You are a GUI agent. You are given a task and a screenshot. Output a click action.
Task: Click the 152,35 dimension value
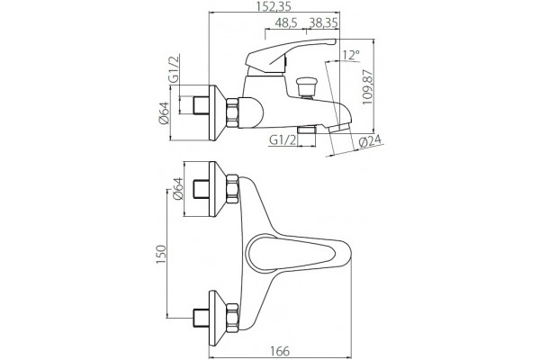tap(274, 6)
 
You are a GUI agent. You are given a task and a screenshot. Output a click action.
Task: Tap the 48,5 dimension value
tap(286, 23)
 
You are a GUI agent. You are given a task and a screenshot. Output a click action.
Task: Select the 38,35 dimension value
tap(323, 23)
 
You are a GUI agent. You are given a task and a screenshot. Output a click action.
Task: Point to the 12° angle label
tap(351, 55)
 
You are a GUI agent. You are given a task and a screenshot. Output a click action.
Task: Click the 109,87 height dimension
tap(367, 88)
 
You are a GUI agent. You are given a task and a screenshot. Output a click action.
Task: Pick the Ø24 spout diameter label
tap(370, 141)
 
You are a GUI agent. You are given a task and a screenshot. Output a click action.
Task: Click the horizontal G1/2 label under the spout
tap(283, 140)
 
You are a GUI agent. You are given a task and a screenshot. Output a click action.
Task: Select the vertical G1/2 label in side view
tap(174, 70)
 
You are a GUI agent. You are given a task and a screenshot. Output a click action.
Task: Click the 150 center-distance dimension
tap(161, 254)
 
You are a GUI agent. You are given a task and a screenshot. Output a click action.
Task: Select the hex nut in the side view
tap(232, 113)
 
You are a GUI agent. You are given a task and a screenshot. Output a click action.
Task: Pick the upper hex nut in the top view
tap(232, 189)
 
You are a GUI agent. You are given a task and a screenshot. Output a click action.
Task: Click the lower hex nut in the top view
tap(232, 319)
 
